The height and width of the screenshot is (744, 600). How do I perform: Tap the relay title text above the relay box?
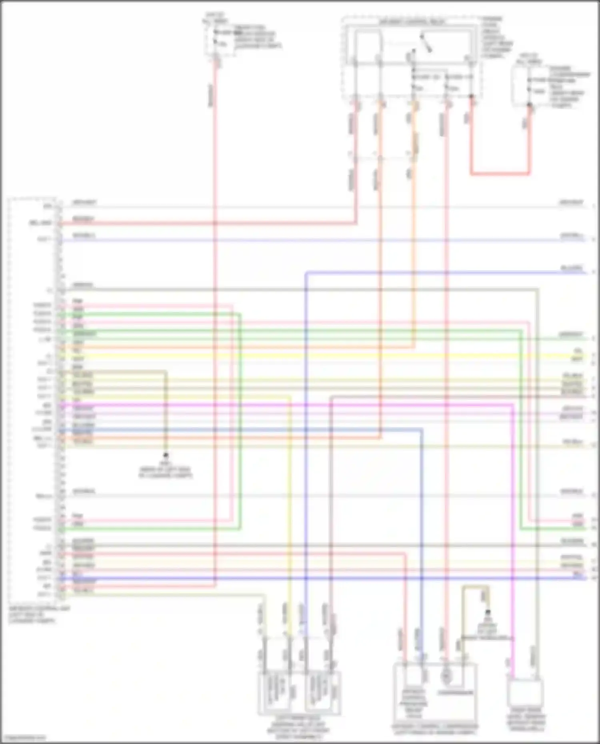(412, 22)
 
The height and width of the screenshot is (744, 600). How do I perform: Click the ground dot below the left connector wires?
(166, 455)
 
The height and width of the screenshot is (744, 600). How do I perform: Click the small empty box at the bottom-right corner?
(525, 693)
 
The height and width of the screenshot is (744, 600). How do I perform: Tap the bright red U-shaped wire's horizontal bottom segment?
(500, 174)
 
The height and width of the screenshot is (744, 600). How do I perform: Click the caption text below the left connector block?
(38, 615)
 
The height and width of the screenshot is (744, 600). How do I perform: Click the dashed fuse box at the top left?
(216, 38)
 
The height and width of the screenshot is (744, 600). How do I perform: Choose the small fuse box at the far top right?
(522, 86)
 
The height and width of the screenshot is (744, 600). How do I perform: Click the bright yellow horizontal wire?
(320, 355)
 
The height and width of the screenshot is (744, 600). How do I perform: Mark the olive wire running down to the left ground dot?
(166, 412)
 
